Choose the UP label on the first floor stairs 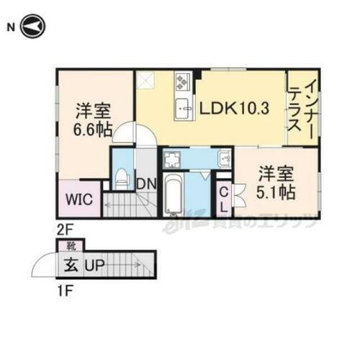point(96,266)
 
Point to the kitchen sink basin point(183,109)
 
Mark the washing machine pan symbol point(172,157)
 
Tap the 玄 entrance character point(73,266)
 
